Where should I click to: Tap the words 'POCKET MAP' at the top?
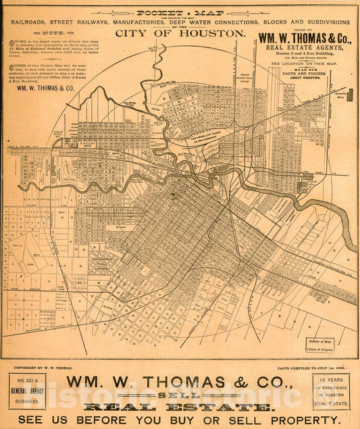180,13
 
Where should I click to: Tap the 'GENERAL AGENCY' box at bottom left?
27,391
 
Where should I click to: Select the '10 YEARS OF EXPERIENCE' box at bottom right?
331,391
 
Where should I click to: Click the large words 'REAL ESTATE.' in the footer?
180,407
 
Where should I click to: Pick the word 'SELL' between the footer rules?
180,395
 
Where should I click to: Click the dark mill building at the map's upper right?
349,95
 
